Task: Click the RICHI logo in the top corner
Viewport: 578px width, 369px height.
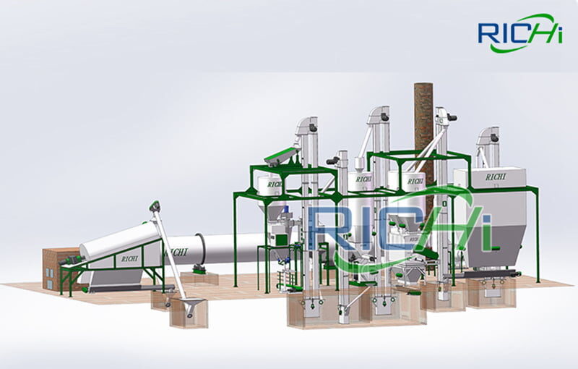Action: [x=520, y=33]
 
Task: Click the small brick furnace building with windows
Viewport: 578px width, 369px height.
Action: [x=56, y=268]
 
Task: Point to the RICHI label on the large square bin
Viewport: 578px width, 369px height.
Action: [x=496, y=177]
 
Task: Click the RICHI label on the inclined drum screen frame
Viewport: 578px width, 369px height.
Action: [x=129, y=259]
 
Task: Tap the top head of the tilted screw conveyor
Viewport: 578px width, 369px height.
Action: [x=155, y=205]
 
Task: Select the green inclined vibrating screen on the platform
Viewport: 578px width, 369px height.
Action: [x=282, y=156]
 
